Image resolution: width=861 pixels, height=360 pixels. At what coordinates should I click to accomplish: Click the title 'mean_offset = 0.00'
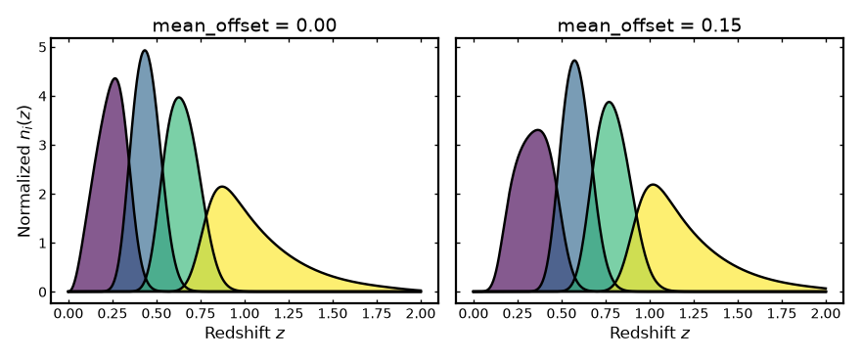point(244,25)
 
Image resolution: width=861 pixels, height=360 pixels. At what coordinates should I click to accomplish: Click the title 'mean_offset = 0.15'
point(649,25)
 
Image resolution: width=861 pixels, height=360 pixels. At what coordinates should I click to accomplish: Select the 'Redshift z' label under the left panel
point(245,334)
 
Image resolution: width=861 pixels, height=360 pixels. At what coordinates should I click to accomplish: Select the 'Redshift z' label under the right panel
point(650,334)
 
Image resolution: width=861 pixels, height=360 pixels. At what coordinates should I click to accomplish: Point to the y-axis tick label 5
point(43,48)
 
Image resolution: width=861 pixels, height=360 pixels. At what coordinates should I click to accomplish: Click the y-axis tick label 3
point(43,146)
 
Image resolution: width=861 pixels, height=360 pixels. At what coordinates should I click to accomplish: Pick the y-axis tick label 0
point(43,292)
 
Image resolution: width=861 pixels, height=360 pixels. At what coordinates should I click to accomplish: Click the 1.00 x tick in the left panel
point(245,313)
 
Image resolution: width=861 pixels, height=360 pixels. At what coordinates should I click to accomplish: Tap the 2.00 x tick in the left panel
point(421,313)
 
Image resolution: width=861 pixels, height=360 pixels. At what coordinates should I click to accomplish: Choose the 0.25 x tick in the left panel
point(113,313)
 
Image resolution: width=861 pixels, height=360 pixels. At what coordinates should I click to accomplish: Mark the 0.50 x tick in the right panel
point(562,313)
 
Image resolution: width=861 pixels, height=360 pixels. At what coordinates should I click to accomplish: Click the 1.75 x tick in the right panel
point(782,313)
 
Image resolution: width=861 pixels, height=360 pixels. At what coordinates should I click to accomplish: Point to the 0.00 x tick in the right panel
point(474,313)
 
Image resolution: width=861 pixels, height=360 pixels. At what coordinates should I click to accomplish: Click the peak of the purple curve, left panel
point(114,78)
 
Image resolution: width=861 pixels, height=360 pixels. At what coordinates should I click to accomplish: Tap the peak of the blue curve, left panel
point(145,51)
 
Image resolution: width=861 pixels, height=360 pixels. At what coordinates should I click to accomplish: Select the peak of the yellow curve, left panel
point(221,187)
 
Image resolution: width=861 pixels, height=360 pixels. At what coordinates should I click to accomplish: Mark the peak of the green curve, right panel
point(609,102)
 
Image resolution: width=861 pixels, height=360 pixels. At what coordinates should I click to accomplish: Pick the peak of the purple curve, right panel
point(537,131)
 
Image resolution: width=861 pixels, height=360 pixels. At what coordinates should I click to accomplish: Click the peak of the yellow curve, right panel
point(653,185)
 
